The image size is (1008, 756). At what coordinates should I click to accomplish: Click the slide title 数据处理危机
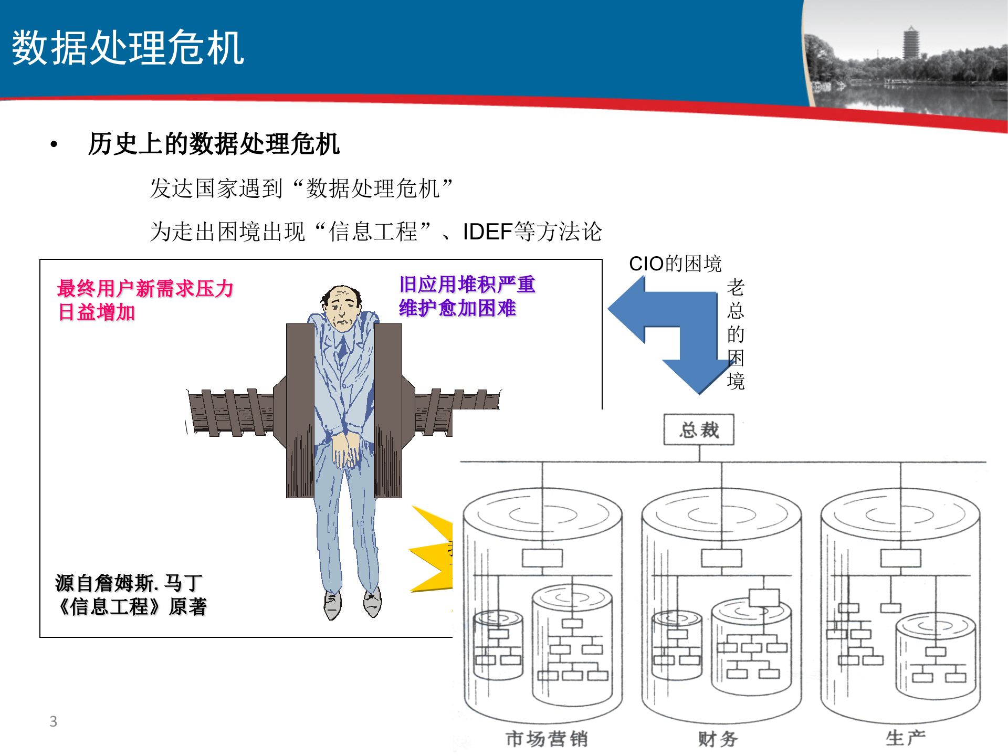coord(128,48)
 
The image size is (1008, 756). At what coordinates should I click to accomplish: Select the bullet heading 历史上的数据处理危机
coord(214,144)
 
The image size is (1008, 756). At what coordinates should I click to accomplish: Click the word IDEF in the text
coord(487,232)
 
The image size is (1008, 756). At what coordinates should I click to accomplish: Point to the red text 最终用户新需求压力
coord(145,289)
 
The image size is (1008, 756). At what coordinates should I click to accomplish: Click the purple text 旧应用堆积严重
coord(467,285)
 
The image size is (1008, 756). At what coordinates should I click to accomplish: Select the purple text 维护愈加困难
coord(457,308)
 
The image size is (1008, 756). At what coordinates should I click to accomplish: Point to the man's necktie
coord(342,346)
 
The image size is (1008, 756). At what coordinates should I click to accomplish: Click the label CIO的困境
coord(675,264)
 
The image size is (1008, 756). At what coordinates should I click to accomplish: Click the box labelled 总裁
coord(699,430)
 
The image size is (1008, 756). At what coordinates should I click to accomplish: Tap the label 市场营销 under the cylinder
coord(547,739)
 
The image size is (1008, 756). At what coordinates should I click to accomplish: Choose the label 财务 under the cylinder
coord(718,739)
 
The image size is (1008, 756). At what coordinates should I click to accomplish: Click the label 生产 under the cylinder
coord(905,738)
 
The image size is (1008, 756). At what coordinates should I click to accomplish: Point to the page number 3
coord(53,721)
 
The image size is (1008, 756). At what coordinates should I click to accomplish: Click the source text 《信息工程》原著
coord(131,607)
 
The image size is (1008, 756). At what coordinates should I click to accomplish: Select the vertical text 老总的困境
coord(736,334)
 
